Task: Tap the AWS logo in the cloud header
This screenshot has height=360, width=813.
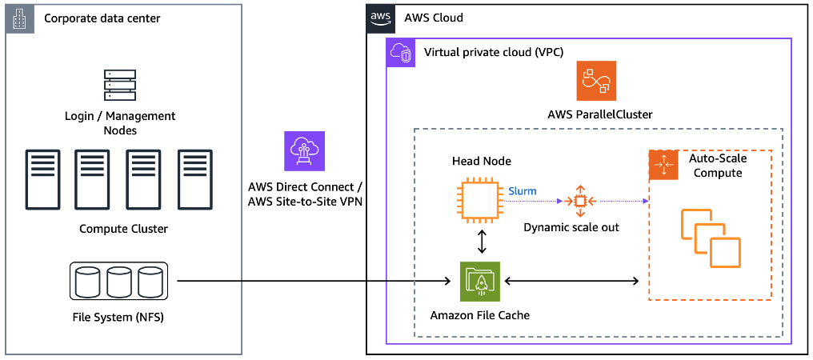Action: coord(381,18)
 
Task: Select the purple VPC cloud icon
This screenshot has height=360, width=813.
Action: coord(401,54)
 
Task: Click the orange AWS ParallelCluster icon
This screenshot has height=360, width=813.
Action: coord(596,80)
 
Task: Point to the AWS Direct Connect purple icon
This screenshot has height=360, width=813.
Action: coord(306,151)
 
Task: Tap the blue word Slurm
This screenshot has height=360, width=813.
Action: coord(523,191)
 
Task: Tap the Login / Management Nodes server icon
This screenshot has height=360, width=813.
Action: coord(120,86)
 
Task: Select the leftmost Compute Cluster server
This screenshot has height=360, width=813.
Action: coord(41,178)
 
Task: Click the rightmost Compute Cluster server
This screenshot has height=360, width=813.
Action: coord(194,178)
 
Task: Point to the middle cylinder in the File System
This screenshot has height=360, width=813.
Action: coord(120,282)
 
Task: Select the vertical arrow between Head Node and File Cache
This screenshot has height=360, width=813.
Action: coord(480,242)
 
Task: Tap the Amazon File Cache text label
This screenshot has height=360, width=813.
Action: coord(479,315)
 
